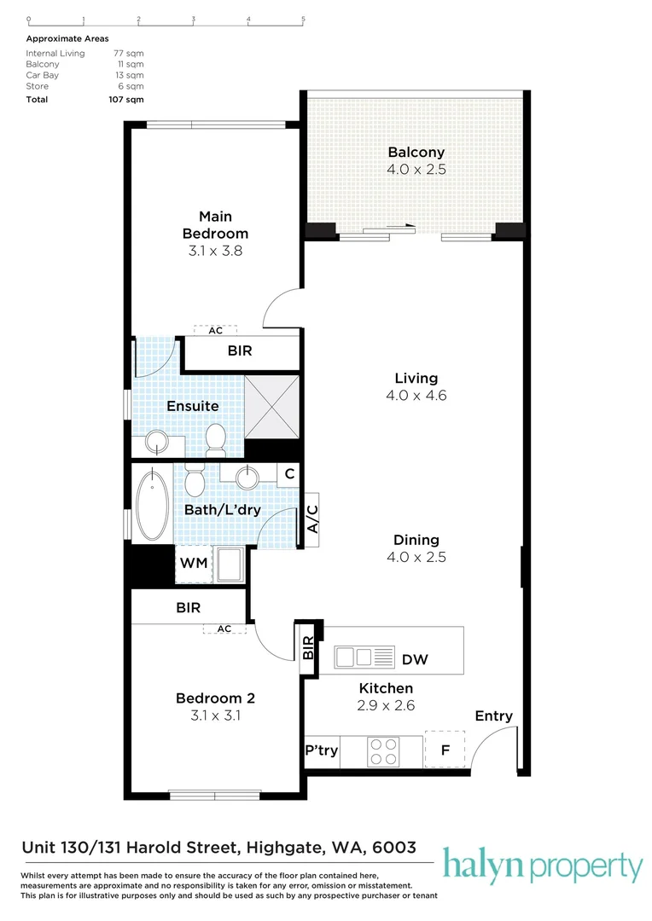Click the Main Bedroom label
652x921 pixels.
point(216,225)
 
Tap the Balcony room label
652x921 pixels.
point(416,153)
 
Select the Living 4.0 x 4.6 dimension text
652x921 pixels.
point(416,396)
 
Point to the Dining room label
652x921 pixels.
point(416,540)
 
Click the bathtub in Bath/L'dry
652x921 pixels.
point(153,507)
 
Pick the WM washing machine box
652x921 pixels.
point(192,564)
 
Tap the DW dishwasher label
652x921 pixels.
point(415,659)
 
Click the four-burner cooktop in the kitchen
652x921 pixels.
point(381,751)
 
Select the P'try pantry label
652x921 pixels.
point(322,751)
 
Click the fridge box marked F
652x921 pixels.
point(445,751)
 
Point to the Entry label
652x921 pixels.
point(493,716)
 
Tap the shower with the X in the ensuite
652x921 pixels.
point(272,406)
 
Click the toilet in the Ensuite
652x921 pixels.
point(214,439)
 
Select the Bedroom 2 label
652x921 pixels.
point(215,698)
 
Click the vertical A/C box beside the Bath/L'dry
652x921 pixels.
point(311,519)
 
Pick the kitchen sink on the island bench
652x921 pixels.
point(364,657)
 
